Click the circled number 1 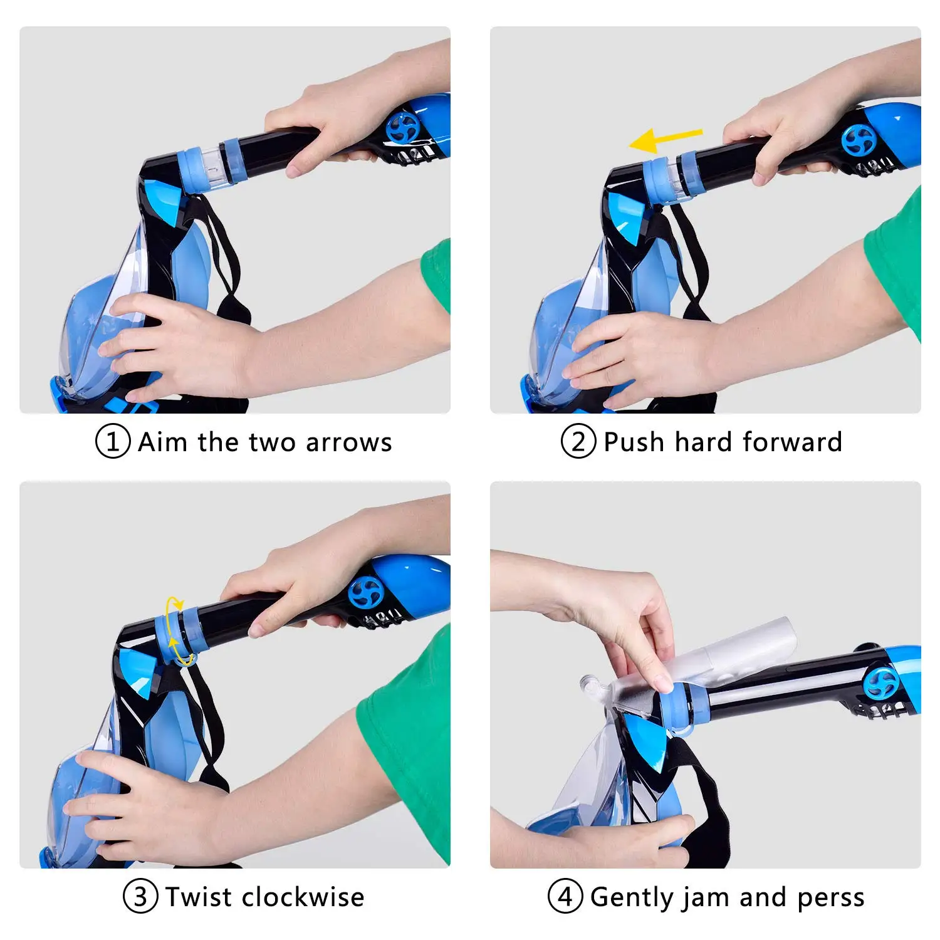[113, 442]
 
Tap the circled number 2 [578, 442]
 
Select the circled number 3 [140, 897]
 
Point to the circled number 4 [565, 897]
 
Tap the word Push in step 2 [634, 442]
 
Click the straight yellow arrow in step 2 [666, 140]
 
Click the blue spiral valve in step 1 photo [402, 128]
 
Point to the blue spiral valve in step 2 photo [859, 140]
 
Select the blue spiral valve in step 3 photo [366, 592]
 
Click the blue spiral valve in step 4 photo [880, 683]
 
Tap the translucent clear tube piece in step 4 [721, 658]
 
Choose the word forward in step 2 [792, 442]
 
